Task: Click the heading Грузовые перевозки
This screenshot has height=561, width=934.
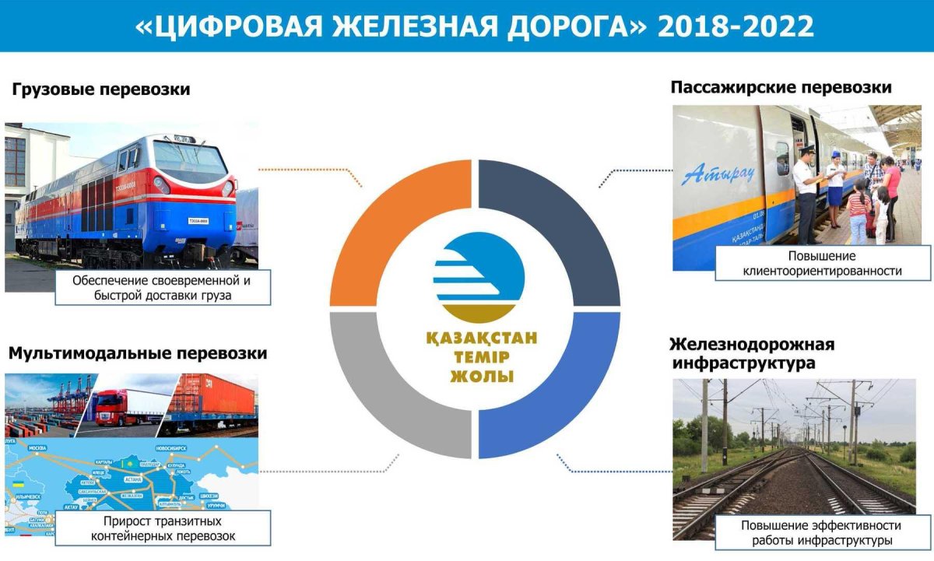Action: [x=101, y=90]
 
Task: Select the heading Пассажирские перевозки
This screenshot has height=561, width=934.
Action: [x=781, y=88]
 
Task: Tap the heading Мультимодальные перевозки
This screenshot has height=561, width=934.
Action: [x=138, y=353]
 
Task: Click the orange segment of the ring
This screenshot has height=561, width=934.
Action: [x=389, y=210]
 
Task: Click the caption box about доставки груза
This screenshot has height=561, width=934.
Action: [x=163, y=287]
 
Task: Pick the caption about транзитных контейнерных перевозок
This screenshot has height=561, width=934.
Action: [x=163, y=528]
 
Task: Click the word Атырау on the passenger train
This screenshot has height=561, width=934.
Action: [x=718, y=172]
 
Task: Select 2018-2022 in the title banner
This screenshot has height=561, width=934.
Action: [x=736, y=26]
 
